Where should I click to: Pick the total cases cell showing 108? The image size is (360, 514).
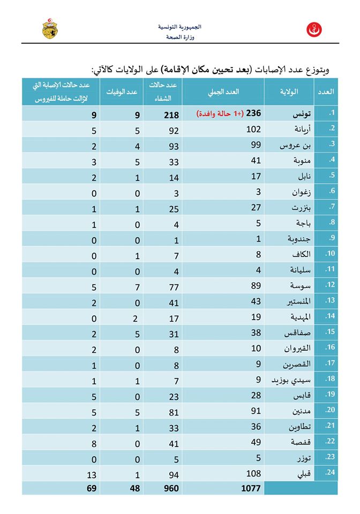(x=253, y=473)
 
